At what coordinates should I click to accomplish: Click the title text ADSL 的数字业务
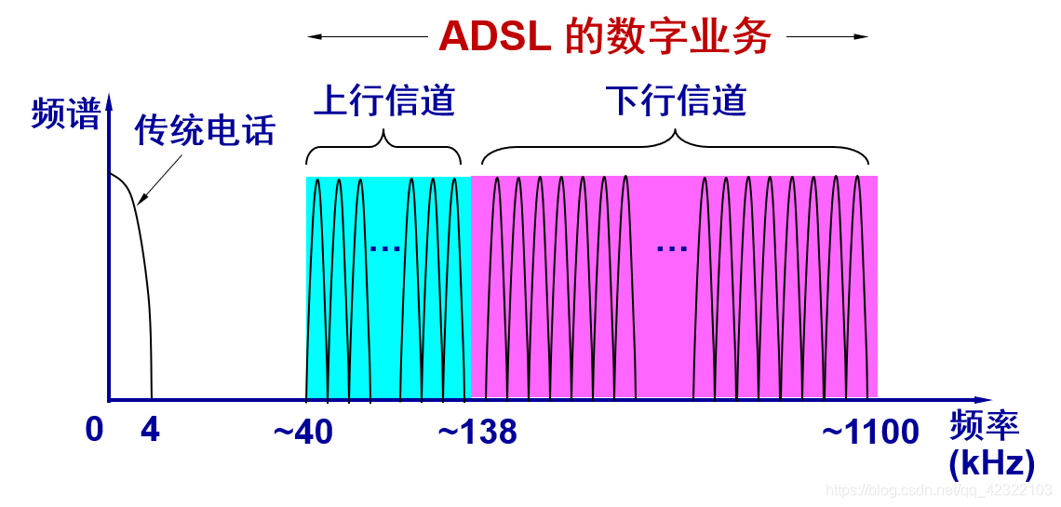point(604,36)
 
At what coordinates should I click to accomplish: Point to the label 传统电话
point(205,130)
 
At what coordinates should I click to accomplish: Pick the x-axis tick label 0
point(94,431)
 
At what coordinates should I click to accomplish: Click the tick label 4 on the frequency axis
point(150,431)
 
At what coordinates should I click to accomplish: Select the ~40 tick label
point(303,432)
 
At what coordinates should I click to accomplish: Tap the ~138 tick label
point(477,432)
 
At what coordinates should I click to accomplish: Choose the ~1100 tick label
point(870,432)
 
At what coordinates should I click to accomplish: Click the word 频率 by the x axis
point(985,425)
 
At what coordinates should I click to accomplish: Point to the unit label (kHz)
point(991,462)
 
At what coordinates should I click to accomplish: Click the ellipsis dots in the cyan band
point(384,248)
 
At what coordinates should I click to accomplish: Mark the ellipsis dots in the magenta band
point(671,248)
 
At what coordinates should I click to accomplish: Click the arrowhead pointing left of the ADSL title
point(315,37)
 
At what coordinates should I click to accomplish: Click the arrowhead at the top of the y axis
point(109,100)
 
